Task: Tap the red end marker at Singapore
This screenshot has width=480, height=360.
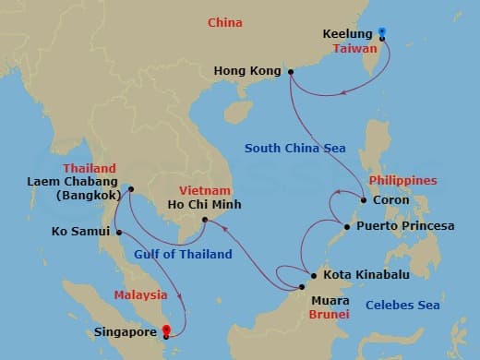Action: (166, 329)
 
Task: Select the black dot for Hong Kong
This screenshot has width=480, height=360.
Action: (290, 71)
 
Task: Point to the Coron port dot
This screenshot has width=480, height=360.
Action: (361, 199)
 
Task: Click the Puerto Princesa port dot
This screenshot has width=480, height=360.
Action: (346, 226)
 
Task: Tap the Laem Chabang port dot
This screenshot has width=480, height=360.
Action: (130, 190)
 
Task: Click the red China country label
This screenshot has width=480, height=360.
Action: (225, 22)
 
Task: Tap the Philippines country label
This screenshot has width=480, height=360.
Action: (401, 180)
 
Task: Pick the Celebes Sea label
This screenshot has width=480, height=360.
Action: (402, 305)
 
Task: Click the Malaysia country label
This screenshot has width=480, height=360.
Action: (141, 294)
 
